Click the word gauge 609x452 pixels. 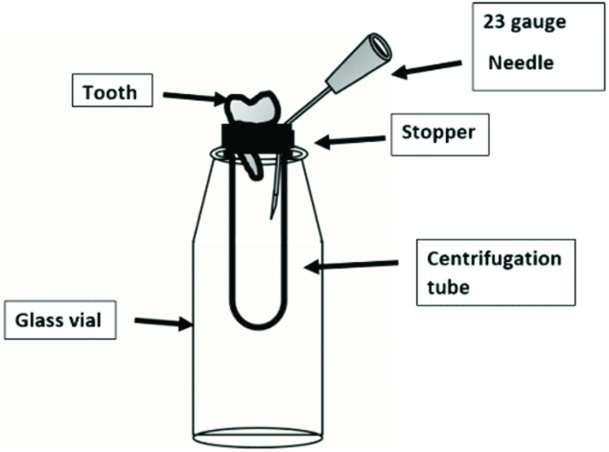coord(542,21)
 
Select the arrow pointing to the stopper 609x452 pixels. coord(349,142)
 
